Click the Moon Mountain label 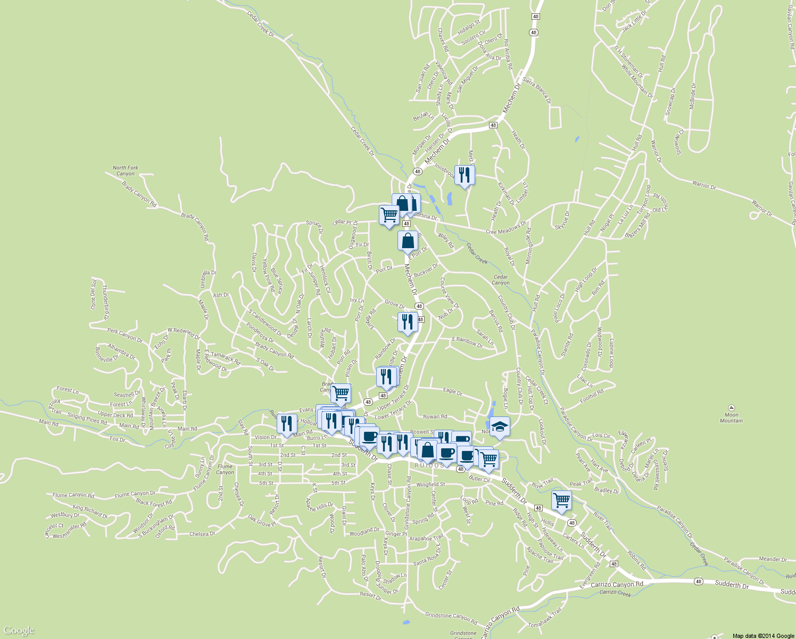tap(731, 417)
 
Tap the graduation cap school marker tap(500, 427)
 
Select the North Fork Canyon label tap(126, 170)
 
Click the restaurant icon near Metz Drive tap(465, 175)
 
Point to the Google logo tap(19, 631)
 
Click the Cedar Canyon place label tap(501, 280)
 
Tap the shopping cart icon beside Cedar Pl tap(389, 215)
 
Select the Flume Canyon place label tap(225, 469)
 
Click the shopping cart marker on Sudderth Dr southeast tap(561, 501)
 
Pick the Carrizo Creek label tap(615, 593)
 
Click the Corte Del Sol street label tap(93, 294)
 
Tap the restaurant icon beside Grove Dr tap(407, 322)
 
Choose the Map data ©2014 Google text tap(762, 636)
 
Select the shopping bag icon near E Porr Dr tap(408, 241)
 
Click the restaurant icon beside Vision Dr tap(287, 423)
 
